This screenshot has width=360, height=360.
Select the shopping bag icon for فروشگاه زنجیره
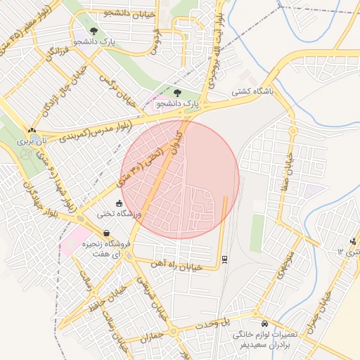[105, 233]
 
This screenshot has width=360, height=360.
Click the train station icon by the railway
[224, 258]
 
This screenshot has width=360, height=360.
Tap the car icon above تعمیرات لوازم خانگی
[264, 324]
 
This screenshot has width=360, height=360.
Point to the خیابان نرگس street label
[117, 84]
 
